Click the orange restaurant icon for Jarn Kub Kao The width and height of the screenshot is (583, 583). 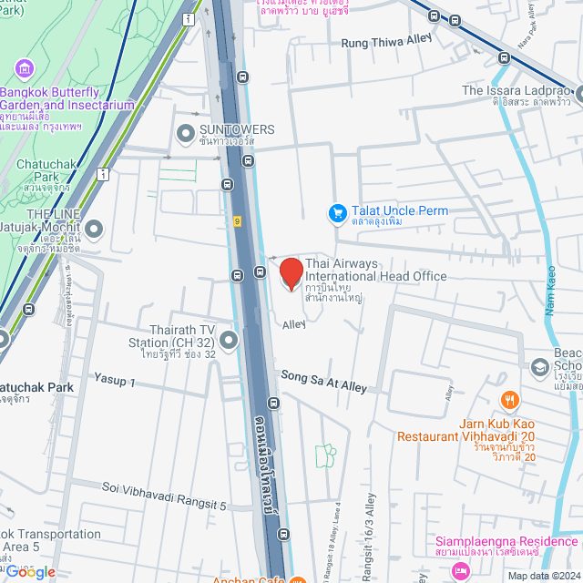pos(510,399)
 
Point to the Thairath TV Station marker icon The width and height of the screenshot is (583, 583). pos(228,340)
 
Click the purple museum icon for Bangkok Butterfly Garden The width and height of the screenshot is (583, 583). pos(25,69)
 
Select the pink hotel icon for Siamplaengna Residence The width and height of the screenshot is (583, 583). pos(461,570)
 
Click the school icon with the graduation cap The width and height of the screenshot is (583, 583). pos(539,366)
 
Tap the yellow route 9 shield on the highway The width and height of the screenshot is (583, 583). pos(236,221)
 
